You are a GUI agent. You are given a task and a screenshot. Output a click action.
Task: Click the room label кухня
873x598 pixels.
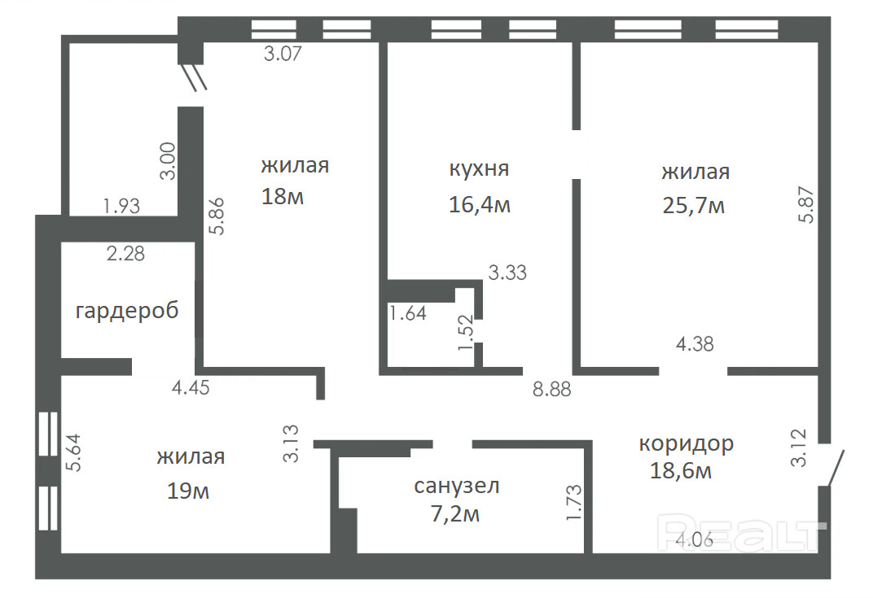point(479,168)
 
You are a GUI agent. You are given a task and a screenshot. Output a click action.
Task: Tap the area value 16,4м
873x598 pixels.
point(480,205)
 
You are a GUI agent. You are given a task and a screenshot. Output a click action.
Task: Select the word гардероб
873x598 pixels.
point(127,311)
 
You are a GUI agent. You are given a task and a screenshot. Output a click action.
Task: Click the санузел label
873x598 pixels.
point(457,486)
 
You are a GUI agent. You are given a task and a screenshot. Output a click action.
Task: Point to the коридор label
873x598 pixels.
point(686,444)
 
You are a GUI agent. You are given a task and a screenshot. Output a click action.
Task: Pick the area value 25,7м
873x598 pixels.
point(694,206)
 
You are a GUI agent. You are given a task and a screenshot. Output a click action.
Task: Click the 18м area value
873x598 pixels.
point(283,196)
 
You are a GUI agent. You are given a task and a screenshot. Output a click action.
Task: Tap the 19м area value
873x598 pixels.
point(188,491)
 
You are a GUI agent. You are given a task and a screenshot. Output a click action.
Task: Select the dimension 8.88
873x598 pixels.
point(552,389)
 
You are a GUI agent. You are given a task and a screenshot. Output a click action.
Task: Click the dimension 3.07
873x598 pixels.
point(283,54)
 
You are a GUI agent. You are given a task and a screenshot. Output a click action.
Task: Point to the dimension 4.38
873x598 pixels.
point(695,344)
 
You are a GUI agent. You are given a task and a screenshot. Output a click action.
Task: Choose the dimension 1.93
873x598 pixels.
point(121,206)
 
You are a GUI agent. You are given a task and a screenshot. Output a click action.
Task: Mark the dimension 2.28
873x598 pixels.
point(126,254)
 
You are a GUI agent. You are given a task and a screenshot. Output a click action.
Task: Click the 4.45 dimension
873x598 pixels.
point(191,387)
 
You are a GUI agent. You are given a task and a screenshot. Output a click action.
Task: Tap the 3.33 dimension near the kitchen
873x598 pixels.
point(507,273)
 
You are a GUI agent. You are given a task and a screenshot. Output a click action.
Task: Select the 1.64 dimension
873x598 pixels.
point(408,313)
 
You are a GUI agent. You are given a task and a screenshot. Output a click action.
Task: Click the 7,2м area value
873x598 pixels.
point(455,514)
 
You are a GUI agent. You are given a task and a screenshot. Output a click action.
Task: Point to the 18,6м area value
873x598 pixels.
point(681,470)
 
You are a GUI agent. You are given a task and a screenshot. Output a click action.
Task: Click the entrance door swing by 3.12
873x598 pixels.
point(836,468)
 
